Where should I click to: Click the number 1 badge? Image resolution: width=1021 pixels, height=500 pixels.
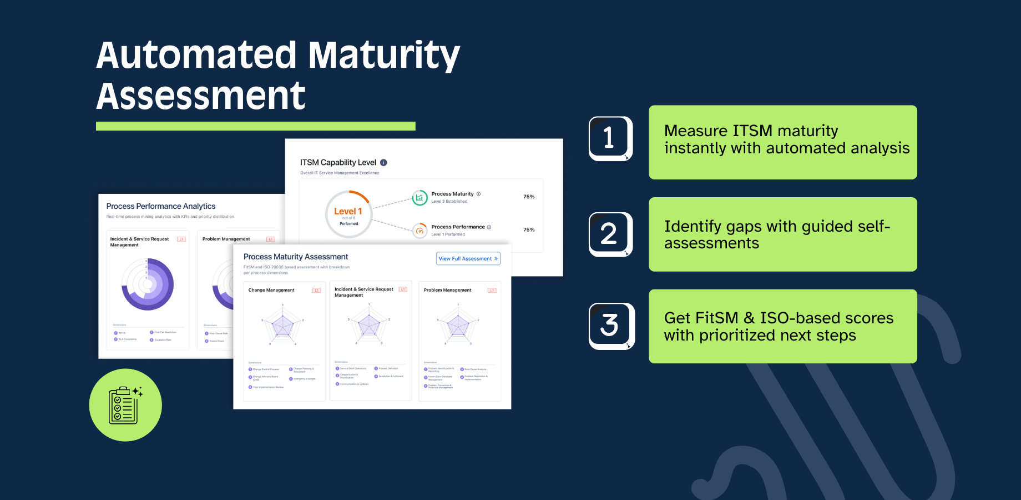(x=610, y=138)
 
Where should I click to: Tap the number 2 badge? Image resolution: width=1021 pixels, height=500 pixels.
(x=610, y=234)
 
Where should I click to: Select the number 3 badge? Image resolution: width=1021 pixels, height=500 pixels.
(x=610, y=326)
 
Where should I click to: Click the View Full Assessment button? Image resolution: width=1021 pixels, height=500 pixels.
(x=468, y=258)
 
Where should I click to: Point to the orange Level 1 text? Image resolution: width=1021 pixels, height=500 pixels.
(x=348, y=211)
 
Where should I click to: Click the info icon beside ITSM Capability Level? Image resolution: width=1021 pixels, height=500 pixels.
(x=383, y=163)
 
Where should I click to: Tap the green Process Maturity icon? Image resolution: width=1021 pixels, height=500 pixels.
(x=419, y=198)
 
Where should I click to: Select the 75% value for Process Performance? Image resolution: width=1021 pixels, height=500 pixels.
(x=529, y=229)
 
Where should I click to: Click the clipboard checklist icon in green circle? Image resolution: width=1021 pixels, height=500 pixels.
(x=125, y=405)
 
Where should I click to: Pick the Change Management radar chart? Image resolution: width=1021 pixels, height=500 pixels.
(x=282, y=324)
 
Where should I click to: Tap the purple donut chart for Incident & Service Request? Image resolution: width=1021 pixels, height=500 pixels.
(x=148, y=284)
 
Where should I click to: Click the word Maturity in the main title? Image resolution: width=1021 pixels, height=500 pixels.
(x=383, y=56)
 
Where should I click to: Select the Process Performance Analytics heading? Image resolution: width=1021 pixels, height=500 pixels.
(x=161, y=206)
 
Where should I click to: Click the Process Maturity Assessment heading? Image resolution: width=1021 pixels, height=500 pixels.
(x=296, y=257)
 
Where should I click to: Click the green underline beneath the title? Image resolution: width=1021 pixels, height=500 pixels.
(x=255, y=126)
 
